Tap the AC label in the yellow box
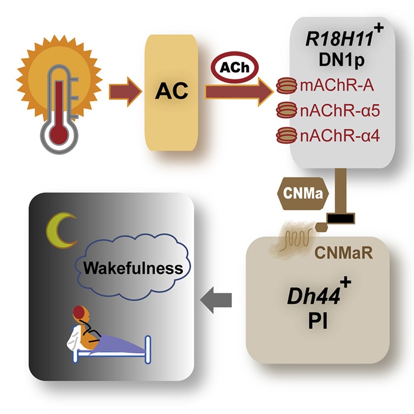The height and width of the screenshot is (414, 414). (x=172, y=90)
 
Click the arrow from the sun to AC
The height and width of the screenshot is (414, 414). (x=127, y=90)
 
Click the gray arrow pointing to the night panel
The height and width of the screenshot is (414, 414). (x=216, y=302)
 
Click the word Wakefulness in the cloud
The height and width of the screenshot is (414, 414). (x=132, y=267)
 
